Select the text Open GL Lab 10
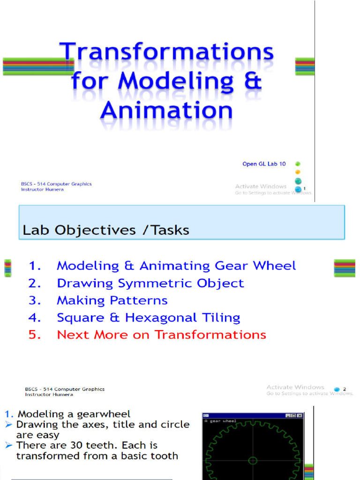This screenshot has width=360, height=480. point(264,164)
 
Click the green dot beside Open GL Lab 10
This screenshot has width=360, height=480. point(298,164)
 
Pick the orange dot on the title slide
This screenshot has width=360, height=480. point(298,172)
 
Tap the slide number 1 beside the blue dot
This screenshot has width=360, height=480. point(305,188)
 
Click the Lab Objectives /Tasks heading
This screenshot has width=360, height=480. point(106,230)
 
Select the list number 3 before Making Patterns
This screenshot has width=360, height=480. point(35,300)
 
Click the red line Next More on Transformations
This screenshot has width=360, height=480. point(161,335)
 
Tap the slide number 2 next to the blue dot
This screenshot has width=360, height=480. point(345,389)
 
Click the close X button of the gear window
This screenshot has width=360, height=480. point(300,415)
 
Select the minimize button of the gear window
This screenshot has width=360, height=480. point(288,415)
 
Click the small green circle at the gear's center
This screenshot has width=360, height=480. point(253,460)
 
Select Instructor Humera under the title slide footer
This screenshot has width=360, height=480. point(42,189)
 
